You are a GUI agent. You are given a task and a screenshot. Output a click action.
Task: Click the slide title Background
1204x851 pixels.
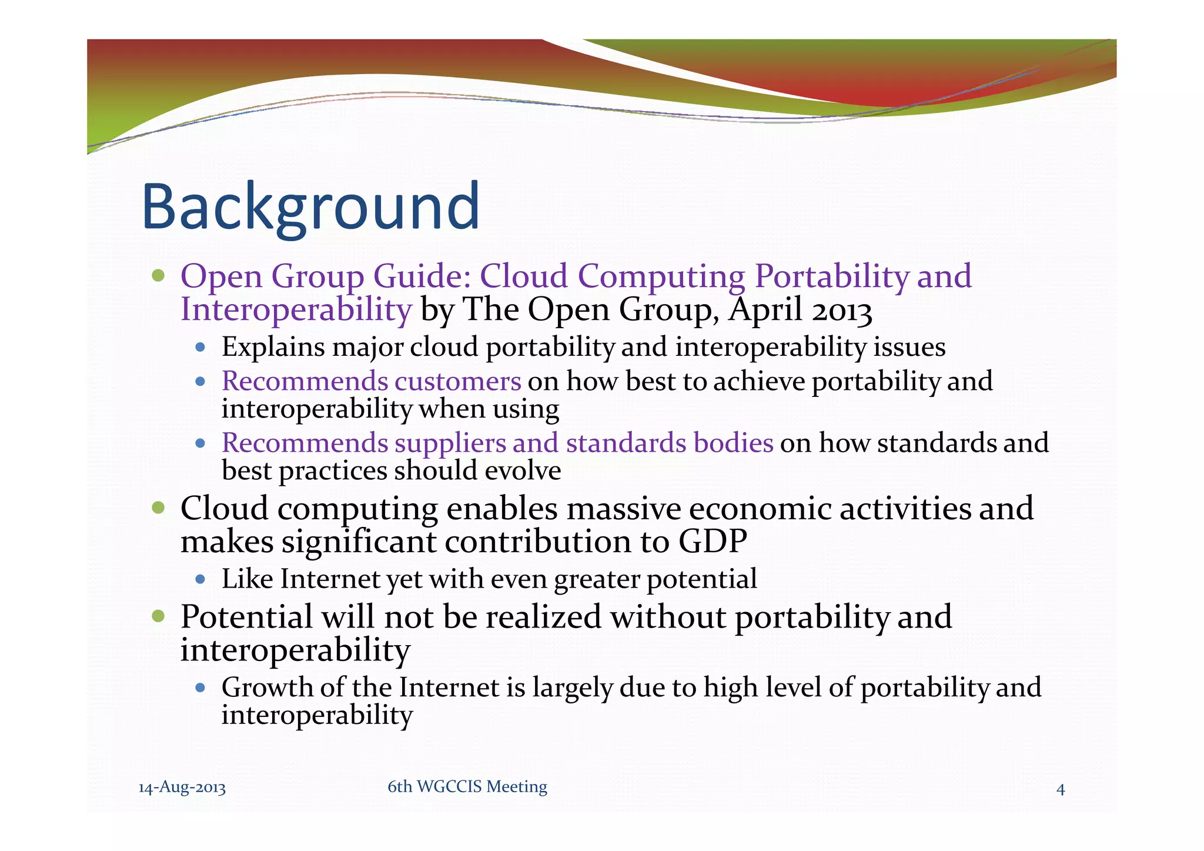pyautogui.click(x=310, y=208)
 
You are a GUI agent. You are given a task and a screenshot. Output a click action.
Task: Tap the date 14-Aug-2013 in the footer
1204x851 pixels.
pyautogui.click(x=182, y=787)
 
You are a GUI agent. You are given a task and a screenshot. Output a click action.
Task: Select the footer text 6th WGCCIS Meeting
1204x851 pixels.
pyautogui.click(x=467, y=786)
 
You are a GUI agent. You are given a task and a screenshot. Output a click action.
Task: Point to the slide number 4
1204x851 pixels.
pyautogui.click(x=1061, y=789)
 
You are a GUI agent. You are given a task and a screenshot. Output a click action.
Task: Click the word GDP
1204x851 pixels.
pyautogui.click(x=713, y=541)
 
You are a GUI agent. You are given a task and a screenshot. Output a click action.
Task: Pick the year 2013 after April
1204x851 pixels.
pyautogui.click(x=841, y=310)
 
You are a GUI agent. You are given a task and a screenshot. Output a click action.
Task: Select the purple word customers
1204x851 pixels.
pyautogui.click(x=457, y=381)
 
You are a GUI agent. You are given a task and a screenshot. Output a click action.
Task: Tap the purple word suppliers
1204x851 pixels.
pyautogui.click(x=450, y=443)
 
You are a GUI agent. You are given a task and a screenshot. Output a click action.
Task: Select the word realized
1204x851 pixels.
pyautogui.click(x=544, y=617)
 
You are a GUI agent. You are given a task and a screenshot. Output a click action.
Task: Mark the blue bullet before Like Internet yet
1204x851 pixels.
pyautogui.click(x=200, y=579)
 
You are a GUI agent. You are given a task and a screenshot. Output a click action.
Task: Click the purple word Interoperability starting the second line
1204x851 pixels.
pyautogui.click(x=296, y=310)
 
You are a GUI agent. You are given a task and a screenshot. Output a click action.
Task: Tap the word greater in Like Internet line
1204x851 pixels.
pyautogui.click(x=596, y=579)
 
